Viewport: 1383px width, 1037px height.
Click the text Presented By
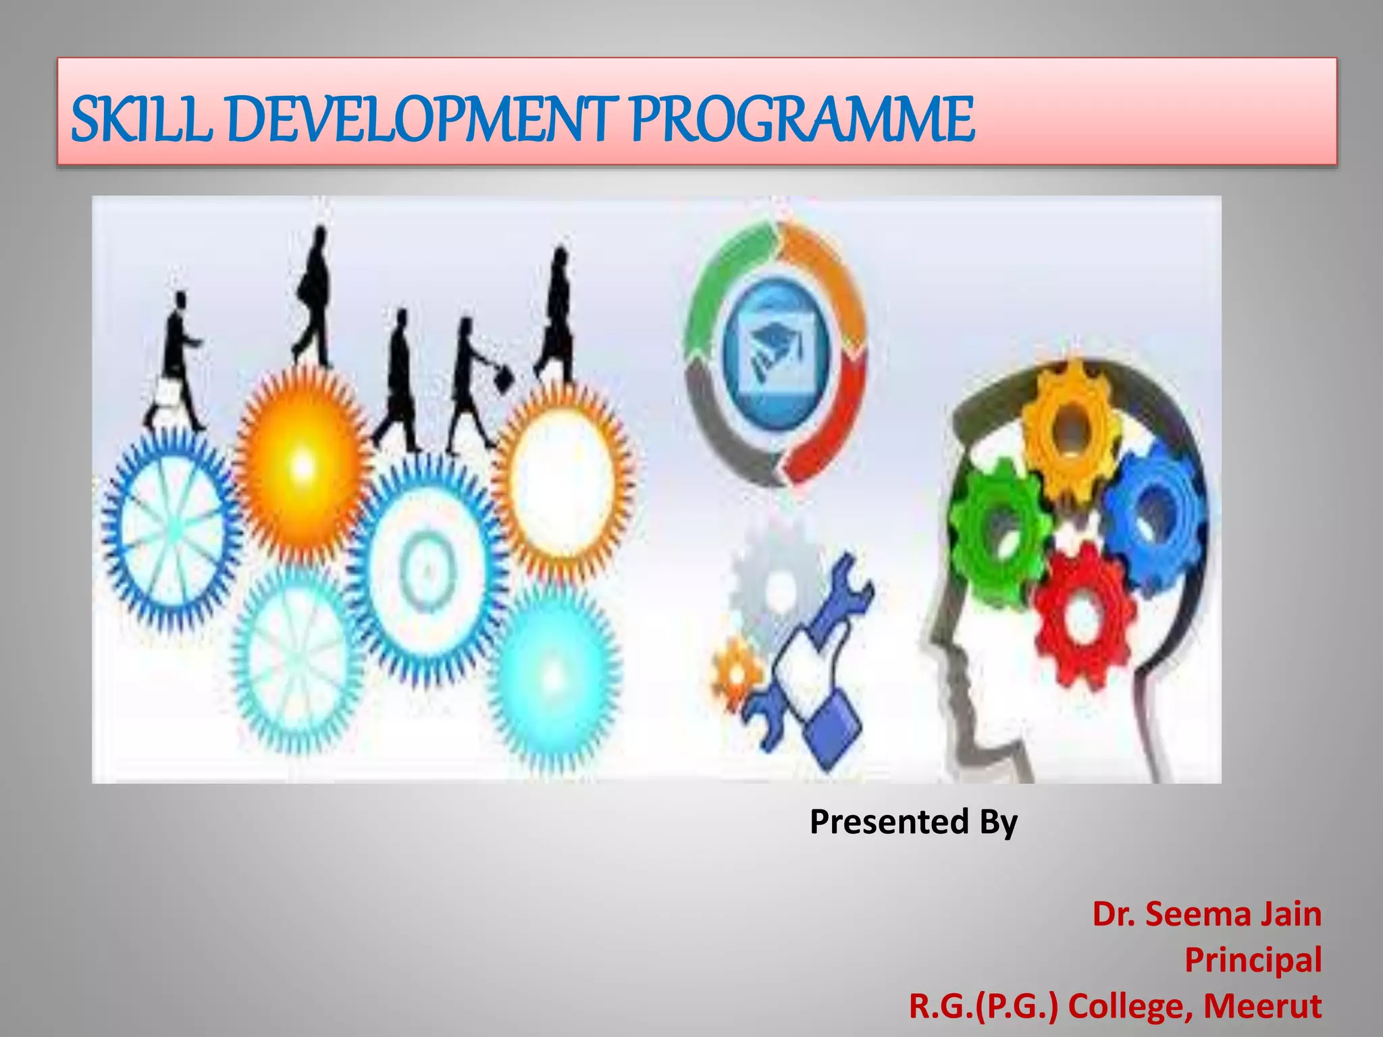click(913, 822)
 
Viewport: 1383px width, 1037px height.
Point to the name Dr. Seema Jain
click(1207, 914)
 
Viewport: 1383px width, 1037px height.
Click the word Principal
click(1253, 959)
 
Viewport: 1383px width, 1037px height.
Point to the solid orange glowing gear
click(303, 464)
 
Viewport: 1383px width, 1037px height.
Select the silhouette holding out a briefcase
click(473, 378)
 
